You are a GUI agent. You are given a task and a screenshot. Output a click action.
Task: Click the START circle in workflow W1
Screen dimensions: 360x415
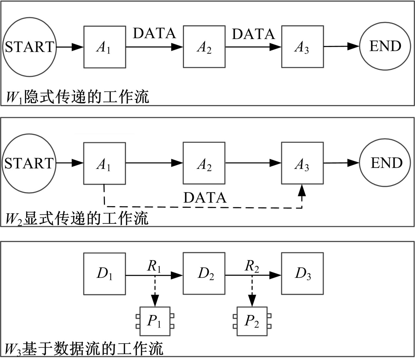(29, 47)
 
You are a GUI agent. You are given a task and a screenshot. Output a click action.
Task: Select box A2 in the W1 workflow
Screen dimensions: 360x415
(204, 47)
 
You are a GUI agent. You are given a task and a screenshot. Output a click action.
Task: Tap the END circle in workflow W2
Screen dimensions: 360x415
(385, 163)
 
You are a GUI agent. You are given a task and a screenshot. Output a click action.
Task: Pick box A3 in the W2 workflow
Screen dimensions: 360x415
(302, 163)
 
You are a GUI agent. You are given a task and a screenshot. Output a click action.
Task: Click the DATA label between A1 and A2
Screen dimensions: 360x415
(154, 33)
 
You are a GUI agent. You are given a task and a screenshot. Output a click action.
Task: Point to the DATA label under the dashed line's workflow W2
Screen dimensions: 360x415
(205, 198)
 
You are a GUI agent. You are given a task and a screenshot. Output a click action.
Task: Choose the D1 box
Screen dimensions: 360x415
(105, 274)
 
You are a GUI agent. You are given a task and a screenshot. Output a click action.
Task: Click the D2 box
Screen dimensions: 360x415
(204, 274)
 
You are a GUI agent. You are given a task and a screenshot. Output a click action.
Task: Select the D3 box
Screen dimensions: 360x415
(302, 274)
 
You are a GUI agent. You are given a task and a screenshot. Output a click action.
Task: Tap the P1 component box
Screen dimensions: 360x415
(155, 321)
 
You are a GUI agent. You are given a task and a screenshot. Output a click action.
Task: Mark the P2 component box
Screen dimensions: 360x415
(252, 321)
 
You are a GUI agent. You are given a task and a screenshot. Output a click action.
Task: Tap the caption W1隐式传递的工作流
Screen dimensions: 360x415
(77, 97)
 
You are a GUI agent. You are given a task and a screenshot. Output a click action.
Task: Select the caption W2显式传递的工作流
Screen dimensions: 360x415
(77, 218)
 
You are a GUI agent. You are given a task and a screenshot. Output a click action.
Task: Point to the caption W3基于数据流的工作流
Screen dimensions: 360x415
(85, 349)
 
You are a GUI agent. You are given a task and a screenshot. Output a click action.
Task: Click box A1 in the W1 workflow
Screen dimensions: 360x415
(105, 47)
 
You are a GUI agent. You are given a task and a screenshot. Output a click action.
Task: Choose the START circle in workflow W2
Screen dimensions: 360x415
(29, 163)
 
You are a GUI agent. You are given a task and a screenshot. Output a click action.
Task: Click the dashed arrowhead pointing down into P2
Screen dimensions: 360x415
(252, 300)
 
